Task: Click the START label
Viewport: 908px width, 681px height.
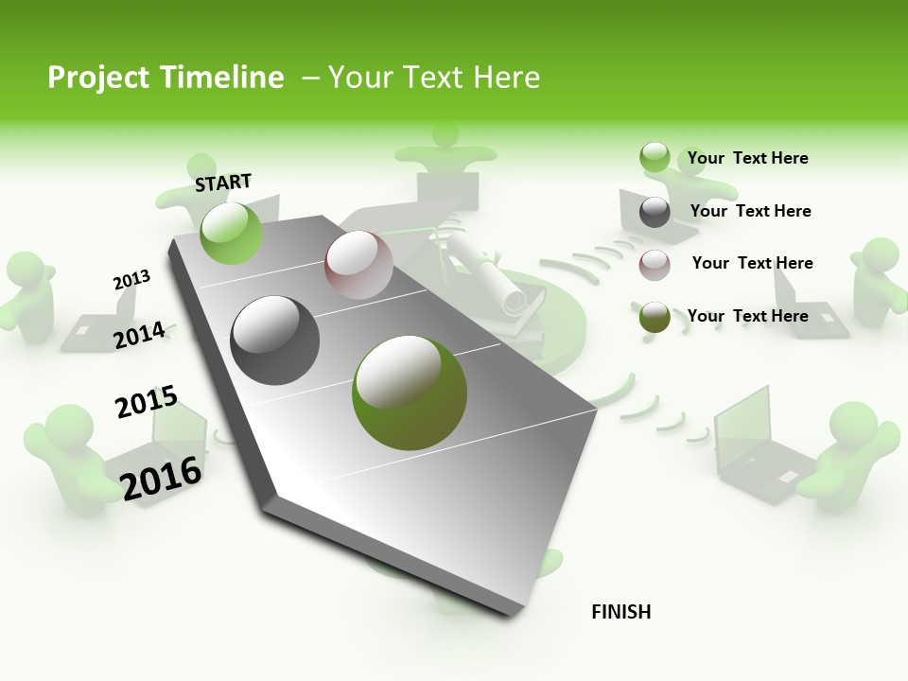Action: (223, 183)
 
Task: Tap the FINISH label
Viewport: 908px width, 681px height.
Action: (620, 612)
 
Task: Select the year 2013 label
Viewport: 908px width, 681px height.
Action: (131, 279)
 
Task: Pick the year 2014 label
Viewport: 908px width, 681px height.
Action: (139, 335)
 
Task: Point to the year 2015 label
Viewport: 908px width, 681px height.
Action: (146, 402)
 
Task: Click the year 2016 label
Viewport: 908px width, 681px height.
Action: (161, 478)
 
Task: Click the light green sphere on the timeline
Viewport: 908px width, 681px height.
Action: (231, 233)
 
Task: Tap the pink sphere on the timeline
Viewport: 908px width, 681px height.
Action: (358, 265)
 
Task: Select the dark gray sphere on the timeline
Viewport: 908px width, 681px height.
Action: (275, 340)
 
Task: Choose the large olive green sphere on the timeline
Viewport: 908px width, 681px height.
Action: (410, 393)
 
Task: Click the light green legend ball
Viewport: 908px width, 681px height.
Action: (655, 158)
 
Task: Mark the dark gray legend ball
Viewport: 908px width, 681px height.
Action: (655, 212)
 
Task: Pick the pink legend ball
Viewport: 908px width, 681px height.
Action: (655, 265)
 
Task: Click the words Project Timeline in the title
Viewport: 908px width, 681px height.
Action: (166, 78)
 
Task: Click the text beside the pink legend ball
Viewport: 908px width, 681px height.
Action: (752, 263)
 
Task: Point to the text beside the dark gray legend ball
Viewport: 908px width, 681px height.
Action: (750, 211)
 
